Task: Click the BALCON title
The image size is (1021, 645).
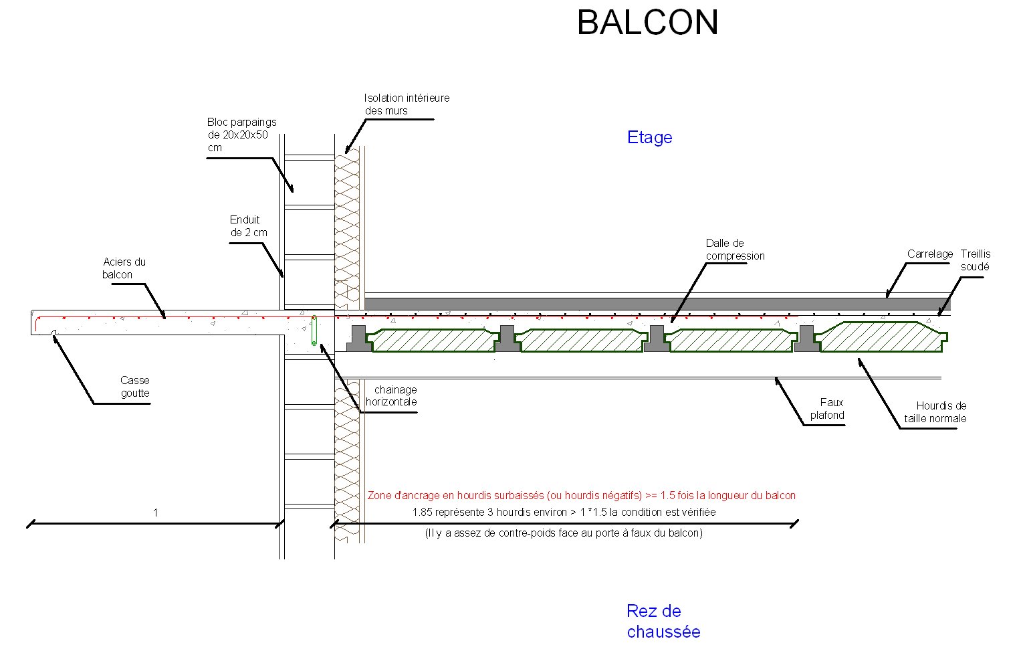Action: click(647, 23)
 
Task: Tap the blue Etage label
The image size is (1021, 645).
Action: click(649, 138)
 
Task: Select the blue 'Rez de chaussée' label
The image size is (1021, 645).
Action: click(663, 622)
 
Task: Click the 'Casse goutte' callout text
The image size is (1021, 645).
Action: click(135, 387)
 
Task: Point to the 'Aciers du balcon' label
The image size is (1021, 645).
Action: click(124, 268)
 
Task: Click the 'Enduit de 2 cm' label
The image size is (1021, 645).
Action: click(248, 226)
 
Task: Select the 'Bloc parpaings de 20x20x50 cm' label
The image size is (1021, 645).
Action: click(241, 134)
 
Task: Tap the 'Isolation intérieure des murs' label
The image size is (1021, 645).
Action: click(407, 104)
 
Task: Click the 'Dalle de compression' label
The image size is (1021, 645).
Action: click(735, 250)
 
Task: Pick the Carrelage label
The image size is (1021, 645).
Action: click(929, 254)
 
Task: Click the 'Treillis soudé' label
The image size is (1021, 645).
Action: click(976, 260)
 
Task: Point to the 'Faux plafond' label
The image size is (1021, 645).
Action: click(828, 409)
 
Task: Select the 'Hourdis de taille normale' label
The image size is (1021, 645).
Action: click(935, 412)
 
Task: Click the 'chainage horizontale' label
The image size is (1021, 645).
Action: click(392, 396)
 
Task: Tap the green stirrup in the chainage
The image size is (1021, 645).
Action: click(314, 331)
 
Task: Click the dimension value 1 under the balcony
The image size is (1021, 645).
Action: click(156, 513)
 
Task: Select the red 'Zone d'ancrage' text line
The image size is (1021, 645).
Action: click(581, 496)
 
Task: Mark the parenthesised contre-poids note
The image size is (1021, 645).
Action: click(564, 533)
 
